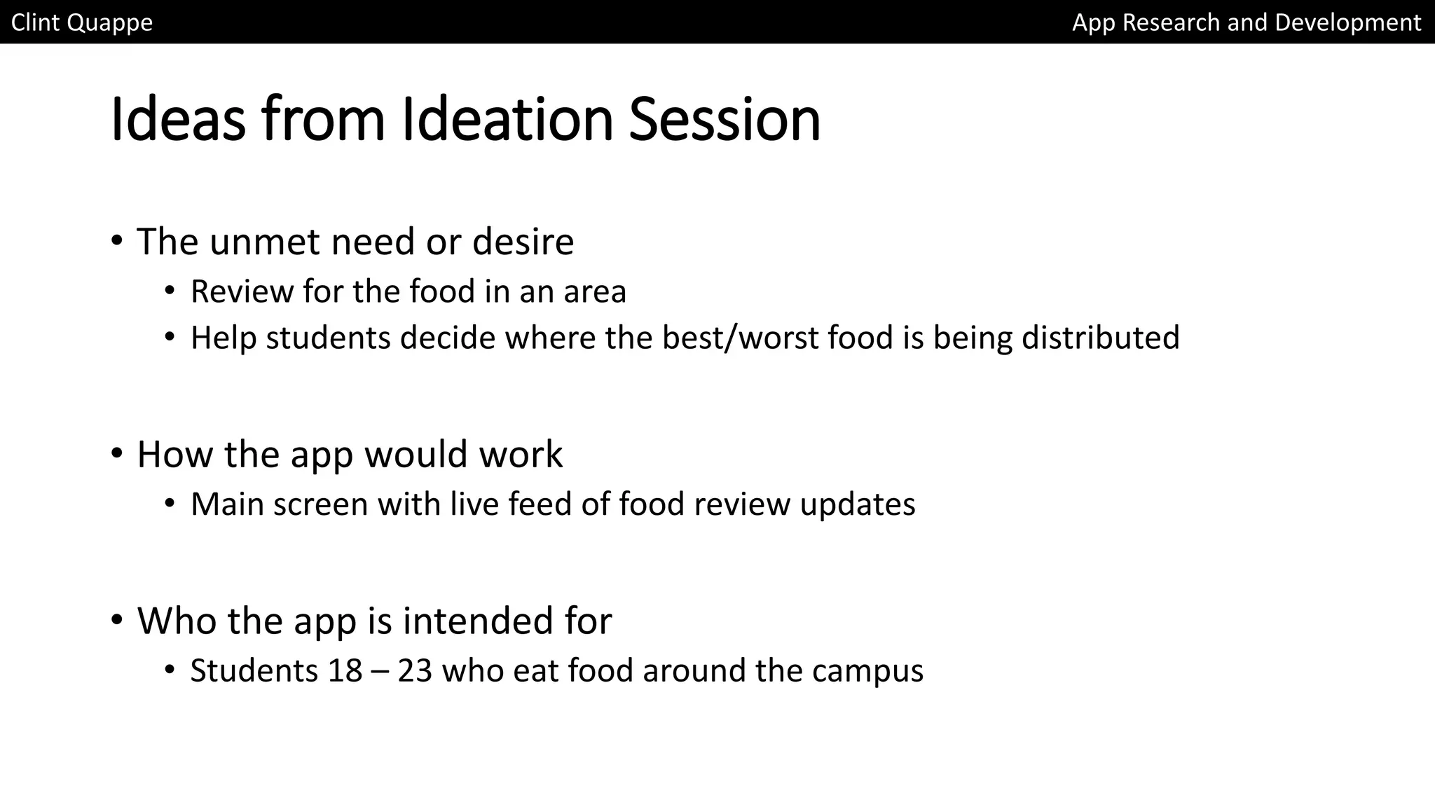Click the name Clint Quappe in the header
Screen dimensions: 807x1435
pos(82,22)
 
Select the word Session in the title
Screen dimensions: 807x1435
pos(725,119)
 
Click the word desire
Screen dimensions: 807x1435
pos(523,242)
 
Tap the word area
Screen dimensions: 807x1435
pos(595,291)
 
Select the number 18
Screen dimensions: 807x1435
pos(345,670)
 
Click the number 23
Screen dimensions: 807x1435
pos(415,670)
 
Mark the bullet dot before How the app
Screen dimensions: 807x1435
pos(117,454)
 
